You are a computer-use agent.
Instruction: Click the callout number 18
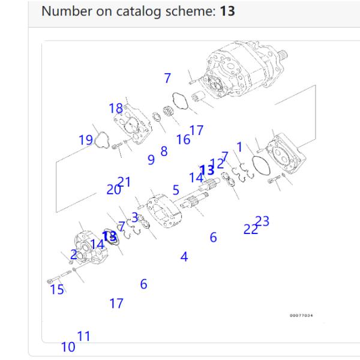click(x=116, y=109)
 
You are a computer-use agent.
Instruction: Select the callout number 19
click(x=86, y=140)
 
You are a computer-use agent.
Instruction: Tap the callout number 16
click(x=183, y=140)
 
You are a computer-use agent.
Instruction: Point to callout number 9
click(x=151, y=160)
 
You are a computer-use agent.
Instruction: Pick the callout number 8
click(x=164, y=152)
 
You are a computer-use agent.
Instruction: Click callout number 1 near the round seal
click(x=239, y=146)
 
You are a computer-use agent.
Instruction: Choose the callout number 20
click(x=113, y=190)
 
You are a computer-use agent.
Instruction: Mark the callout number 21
click(x=125, y=182)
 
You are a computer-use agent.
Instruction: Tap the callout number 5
click(x=176, y=190)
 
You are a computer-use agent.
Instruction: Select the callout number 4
click(x=184, y=257)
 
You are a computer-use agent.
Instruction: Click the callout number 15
click(x=57, y=290)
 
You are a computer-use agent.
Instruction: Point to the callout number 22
click(x=250, y=229)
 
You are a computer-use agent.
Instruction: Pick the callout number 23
click(x=262, y=221)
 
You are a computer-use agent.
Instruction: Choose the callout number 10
click(x=68, y=347)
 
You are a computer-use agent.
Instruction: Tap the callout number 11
click(x=83, y=336)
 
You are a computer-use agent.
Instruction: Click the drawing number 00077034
click(x=301, y=315)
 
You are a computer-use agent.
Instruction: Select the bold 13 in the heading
click(x=227, y=11)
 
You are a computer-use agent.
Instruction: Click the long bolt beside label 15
click(x=58, y=279)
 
